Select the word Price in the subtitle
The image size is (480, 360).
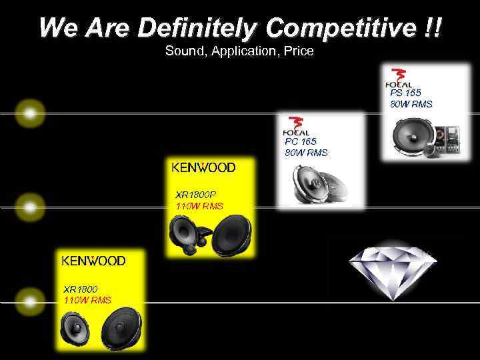point(299,50)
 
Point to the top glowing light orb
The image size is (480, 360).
point(29,113)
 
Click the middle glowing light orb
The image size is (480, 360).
point(29,207)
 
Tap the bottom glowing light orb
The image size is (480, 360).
point(29,302)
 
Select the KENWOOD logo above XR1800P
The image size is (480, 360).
point(203,168)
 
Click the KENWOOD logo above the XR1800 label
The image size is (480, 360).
point(94,261)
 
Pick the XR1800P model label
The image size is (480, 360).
point(195,195)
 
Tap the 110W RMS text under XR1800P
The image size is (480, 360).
point(199,207)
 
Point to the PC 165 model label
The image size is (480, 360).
point(301,142)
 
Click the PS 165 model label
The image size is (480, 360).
point(406,93)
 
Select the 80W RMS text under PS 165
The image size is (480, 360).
point(411,104)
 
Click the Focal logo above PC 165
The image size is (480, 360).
point(296,127)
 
